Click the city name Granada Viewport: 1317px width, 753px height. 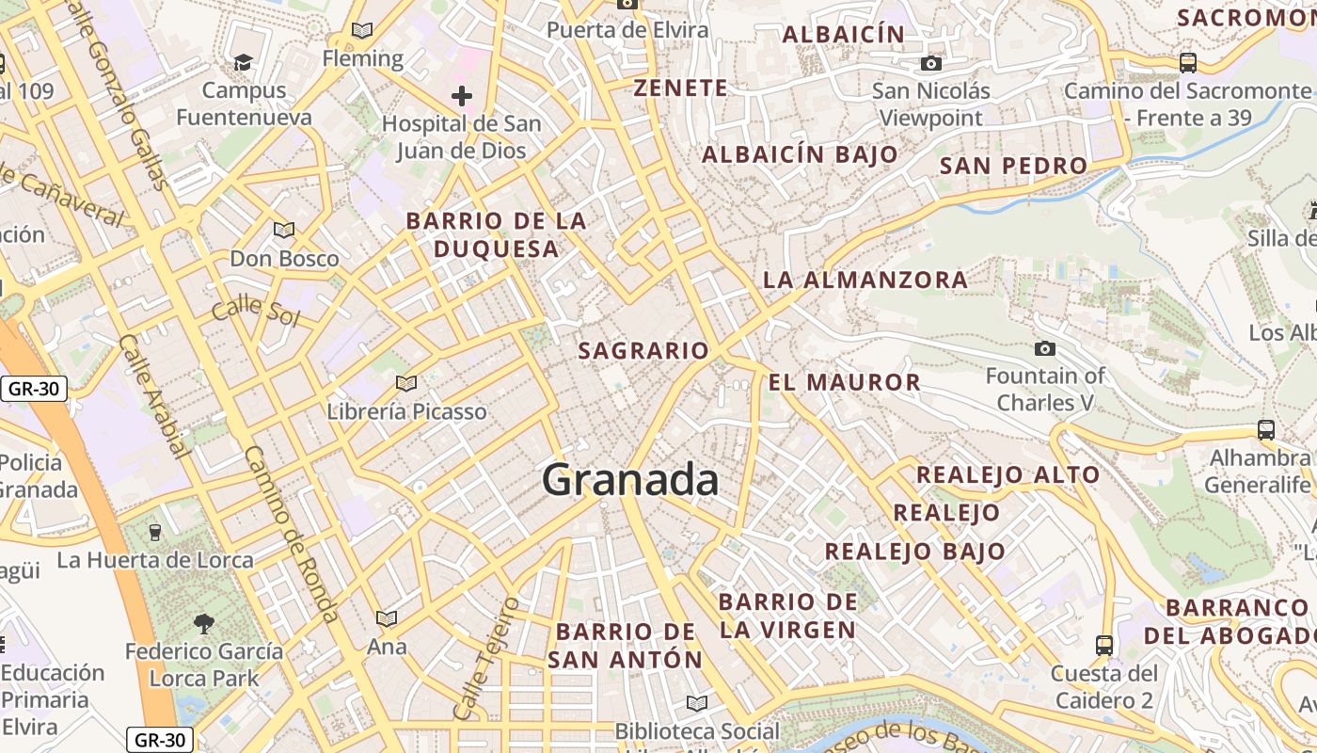[x=630, y=480]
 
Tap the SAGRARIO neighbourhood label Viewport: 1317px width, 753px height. [x=643, y=351]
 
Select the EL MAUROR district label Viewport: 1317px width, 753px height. [x=845, y=382]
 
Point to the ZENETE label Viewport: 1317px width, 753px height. [x=680, y=88]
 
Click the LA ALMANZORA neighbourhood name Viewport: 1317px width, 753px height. [x=865, y=280]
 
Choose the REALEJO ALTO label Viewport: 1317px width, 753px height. [x=1008, y=474]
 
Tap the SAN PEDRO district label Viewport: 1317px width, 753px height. [x=1013, y=166]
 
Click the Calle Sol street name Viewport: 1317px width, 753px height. [x=255, y=311]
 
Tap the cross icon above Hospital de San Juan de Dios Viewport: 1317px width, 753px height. [x=461, y=95]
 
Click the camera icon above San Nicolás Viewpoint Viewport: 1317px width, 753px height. [x=930, y=63]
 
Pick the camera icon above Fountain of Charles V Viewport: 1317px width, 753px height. [x=1044, y=349]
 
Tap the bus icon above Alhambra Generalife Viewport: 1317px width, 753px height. [x=1265, y=430]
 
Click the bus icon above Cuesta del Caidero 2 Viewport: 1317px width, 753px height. [x=1103, y=646]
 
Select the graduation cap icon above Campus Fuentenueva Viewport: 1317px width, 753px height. [x=244, y=62]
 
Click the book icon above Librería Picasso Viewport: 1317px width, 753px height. [x=406, y=383]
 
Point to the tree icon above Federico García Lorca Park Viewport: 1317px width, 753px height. [x=203, y=622]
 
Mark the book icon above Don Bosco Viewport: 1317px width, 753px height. [x=283, y=230]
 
